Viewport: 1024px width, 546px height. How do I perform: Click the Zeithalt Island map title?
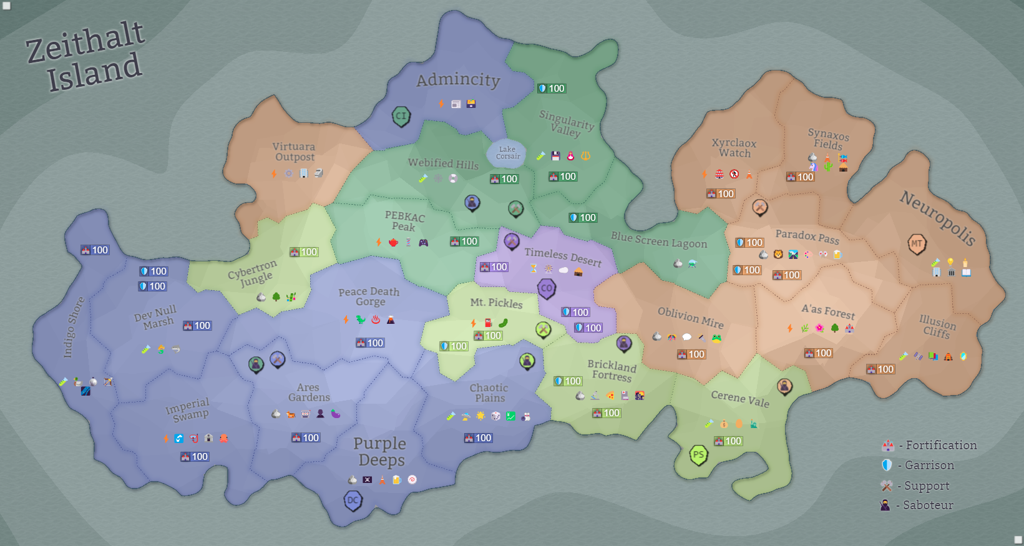coord(85,56)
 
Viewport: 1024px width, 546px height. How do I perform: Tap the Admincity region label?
coord(458,80)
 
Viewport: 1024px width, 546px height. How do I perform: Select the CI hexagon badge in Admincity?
coord(401,115)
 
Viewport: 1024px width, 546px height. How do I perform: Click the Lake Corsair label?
coord(507,153)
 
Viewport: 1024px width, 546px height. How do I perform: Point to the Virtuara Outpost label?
coord(295,152)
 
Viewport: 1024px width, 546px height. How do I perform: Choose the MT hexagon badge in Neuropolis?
coord(916,243)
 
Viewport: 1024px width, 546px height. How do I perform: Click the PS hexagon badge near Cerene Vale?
coord(698,454)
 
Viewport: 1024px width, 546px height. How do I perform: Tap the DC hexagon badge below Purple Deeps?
coord(353,500)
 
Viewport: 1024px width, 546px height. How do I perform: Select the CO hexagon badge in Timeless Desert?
coord(547,288)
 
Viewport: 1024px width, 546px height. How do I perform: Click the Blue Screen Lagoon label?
coord(659,240)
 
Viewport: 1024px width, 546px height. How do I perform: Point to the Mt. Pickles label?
coord(496,303)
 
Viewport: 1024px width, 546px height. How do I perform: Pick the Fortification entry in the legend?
coord(941,446)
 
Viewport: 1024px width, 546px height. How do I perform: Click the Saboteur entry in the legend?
coord(928,505)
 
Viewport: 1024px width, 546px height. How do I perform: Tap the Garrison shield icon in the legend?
coord(887,465)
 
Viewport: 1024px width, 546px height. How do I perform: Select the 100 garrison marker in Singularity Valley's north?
coord(552,89)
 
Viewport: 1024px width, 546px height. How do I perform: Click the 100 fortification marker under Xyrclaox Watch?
coord(721,194)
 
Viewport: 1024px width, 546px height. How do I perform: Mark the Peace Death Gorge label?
coord(369,296)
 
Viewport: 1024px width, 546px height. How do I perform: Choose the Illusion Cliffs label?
coord(937,326)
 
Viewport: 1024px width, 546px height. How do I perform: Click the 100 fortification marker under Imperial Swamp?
coord(195,457)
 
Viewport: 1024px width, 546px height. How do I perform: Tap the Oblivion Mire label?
coord(691,318)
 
